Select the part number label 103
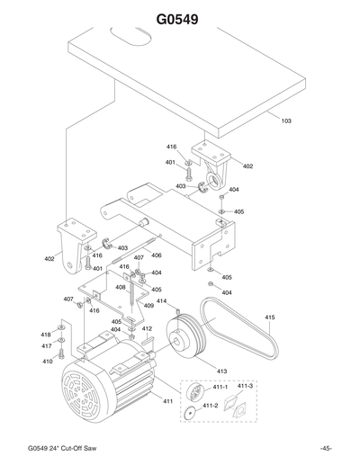[x=286, y=120]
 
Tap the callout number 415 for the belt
[x=270, y=317]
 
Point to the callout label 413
[x=220, y=369]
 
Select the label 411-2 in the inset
[x=211, y=406]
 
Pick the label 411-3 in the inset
[x=245, y=386]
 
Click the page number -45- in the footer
[x=324, y=448]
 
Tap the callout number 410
[x=46, y=362]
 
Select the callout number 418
[x=46, y=335]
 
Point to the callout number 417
[x=46, y=346]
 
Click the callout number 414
[x=162, y=300]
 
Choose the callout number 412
[x=147, y=329]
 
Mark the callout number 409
[x=148, y=306]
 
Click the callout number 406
[x=157, y=255]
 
